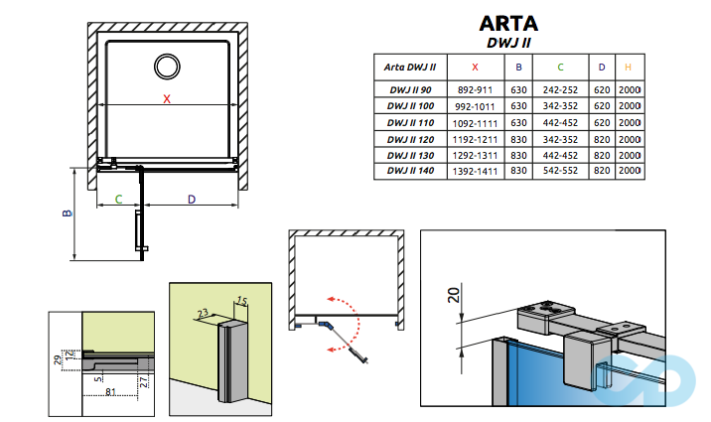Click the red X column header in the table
pos(475,68)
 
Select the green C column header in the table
pos(560,68)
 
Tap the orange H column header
pos(628,68)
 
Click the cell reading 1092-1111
pos(475,122)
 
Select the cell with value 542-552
pos(560,172)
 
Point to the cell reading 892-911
pos(475,89)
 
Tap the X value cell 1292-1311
pos(475,156)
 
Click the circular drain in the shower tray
pos(167,67)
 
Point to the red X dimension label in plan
pos(167,99)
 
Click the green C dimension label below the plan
pos(118,200)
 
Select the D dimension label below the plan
pos(192,200)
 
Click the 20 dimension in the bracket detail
pos(453,294)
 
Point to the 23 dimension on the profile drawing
pos(203,312)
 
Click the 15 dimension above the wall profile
pos(238,301)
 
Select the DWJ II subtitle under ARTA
pos(512,43)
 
